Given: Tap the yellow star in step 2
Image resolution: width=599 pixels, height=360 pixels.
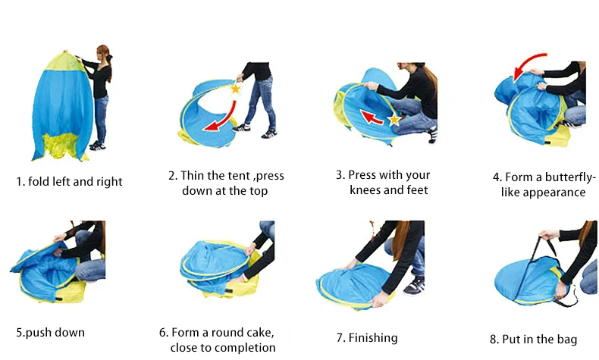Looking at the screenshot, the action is coord(236,89).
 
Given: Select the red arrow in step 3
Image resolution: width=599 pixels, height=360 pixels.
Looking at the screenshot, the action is coord(372,117).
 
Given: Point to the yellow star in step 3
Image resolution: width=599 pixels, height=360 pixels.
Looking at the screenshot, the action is coord(394,120).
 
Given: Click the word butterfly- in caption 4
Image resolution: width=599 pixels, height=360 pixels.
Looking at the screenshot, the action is coord(570,177).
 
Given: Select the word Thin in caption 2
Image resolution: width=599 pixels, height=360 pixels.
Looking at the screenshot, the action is coord(192,176).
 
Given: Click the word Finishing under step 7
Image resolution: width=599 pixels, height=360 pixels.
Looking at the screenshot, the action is coord(373,338).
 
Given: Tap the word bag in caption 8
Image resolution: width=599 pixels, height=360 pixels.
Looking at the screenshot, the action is coord(567,340).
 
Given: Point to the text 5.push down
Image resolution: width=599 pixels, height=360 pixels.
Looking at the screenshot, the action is coord(51,333).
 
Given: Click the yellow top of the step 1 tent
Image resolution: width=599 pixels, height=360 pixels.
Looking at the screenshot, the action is coord(65,61).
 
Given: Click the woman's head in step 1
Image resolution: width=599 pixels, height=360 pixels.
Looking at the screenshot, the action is coord(104,53).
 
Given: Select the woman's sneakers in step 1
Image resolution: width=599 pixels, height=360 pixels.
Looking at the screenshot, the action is coord(97,146).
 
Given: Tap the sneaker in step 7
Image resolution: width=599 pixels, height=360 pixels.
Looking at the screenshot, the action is coord(414,285).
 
